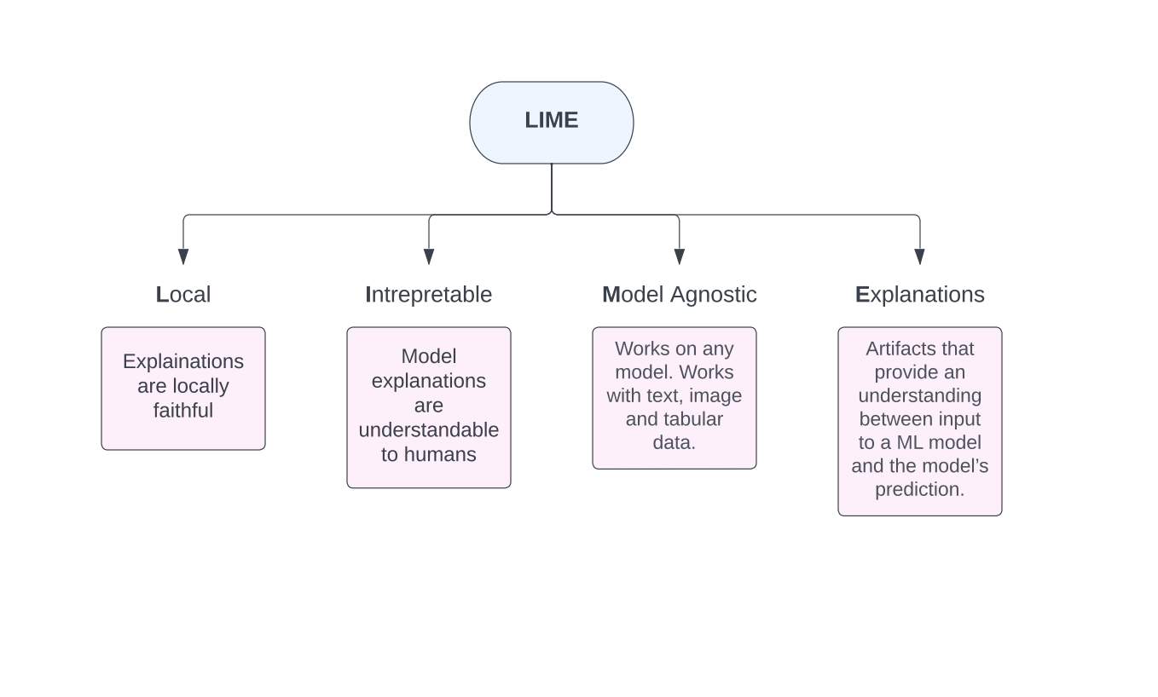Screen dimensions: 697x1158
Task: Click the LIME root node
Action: pyautogui.click(x=551, y=122)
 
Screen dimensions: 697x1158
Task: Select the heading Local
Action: pyautogui.click(x=182, y=294)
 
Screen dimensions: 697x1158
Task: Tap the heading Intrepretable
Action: pyautogui.click(x=428, y=294)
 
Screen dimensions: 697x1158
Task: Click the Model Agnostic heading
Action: pyautogui.click(x=679, y=294)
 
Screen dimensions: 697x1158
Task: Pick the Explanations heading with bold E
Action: pyautogui.click(x=919, y=294)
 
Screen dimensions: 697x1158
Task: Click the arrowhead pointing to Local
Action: pyautogui.click(x=183, y=256)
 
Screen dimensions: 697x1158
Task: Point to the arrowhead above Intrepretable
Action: pyautogui.click(x=429, y=256)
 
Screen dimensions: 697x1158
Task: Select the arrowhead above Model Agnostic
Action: pyautogui.click(x=680, y=256)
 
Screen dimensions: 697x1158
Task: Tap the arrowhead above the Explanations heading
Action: pyautogui.click(x=919, y=256)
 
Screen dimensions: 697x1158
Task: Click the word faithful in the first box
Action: pyautogui.click(x=182, y=411)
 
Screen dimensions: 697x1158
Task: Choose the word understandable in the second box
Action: pyautogui.click(x=428, y=429)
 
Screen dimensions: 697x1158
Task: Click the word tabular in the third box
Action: pyautogui.click(x=692, y=419)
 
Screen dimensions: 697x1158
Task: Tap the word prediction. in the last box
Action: pyautogui.click(x=919, y=489)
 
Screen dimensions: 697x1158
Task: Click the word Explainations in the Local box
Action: pyautogui.click(x=182, y=361)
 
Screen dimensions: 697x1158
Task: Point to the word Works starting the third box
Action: pyautogui.click(x=641, y=348)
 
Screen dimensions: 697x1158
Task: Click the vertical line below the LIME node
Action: pyautogui.click(x=552, y=187)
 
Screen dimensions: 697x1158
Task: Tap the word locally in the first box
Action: pyautogui.click(x=200, y=386)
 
